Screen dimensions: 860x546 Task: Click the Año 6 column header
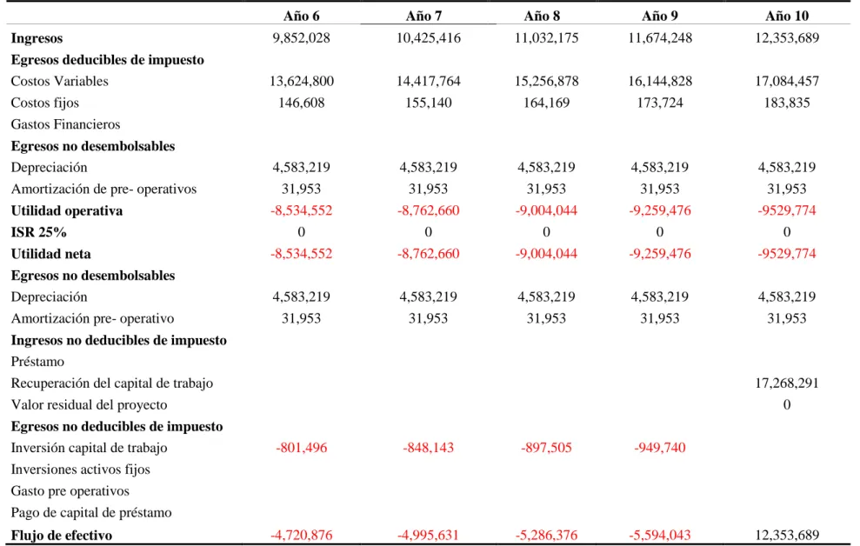(301, 16)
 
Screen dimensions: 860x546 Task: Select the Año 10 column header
(787, 16)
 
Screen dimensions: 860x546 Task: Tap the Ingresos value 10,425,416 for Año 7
(429, 38)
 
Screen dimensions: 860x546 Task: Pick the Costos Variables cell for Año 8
(546, 81)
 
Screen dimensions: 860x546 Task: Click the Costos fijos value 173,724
(660, 103)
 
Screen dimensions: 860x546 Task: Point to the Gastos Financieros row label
(65, 124)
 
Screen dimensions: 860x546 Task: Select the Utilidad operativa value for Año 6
(301, 210)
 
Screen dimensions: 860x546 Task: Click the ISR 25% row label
(38, 232)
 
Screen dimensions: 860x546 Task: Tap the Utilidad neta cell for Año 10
(787, 254)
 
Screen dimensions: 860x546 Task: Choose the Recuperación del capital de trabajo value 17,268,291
(787, 383)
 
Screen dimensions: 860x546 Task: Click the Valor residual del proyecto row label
(89, 405)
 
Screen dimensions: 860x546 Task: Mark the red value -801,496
(301, 448)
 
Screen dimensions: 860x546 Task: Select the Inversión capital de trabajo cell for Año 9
(660, 448)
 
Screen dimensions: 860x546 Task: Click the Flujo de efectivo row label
(62, 535)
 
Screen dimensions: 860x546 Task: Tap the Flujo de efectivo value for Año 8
(546, 535)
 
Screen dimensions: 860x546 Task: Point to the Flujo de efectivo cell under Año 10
(787, 535)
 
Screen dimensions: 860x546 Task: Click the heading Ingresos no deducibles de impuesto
(118, 341)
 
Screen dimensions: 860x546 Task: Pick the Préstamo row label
(37, 362)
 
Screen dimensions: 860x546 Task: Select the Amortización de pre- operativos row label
(103, 190)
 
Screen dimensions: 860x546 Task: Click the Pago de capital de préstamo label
(91, 513)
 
